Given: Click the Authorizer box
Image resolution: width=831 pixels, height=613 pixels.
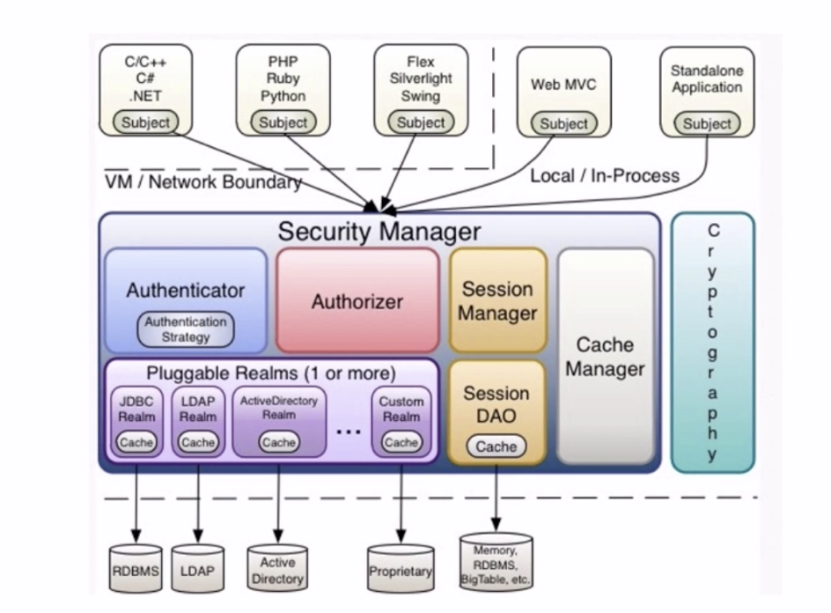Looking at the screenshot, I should (357, 301).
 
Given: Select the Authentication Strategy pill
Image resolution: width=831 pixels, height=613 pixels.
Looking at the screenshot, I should (186, 329).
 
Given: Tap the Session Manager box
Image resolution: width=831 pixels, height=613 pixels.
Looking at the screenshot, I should (497, 300).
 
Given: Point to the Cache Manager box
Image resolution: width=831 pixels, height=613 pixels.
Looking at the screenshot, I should (605, 356).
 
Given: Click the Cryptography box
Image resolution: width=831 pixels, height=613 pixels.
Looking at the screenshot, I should (712, 342).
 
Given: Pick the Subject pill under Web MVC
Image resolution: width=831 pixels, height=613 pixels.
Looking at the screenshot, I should (563, 124).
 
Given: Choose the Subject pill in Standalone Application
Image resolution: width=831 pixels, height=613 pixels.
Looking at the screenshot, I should (707, 124).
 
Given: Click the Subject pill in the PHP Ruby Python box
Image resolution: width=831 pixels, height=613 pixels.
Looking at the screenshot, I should (283, 122).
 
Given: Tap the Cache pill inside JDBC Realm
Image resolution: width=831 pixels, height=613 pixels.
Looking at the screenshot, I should (136, 442).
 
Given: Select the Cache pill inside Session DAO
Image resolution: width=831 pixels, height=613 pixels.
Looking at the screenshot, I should (496, 447).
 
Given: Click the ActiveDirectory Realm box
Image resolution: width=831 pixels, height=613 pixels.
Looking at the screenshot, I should (278, 421).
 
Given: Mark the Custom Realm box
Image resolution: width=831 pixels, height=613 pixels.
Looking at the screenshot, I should (401, 421).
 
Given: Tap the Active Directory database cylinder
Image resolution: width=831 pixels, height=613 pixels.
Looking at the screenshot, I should (277, 569).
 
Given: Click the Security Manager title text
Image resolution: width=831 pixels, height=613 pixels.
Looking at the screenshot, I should (379, 232).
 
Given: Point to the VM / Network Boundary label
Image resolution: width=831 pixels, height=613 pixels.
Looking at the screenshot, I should (202, 182).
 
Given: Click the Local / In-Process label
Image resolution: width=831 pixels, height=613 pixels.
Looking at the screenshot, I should (605, 175).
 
